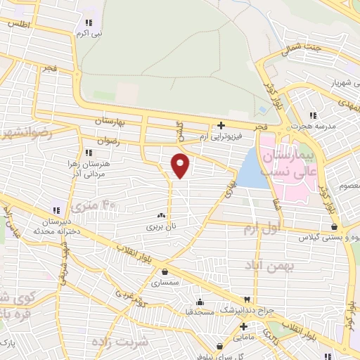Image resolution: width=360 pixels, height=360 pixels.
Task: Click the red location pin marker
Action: (x=181, y=165)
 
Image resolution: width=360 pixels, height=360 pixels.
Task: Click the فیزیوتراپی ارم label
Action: (x=221, y=134)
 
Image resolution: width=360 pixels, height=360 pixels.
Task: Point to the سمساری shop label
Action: (x=165, y=283)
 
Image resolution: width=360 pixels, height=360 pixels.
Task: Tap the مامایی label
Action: (x=243, y=337)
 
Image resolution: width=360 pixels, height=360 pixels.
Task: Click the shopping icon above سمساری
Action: (x=165, y=272)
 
